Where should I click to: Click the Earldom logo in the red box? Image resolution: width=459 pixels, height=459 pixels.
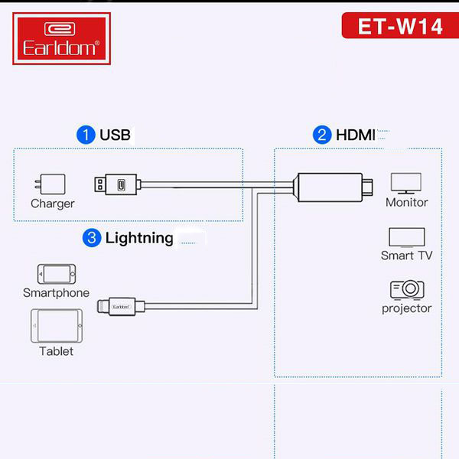click(61, 38)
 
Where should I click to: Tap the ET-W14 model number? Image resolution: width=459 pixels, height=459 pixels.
click(400, 27)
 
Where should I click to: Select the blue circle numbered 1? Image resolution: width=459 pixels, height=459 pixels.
click(86, 135)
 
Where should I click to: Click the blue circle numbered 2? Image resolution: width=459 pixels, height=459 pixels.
click(322, 135)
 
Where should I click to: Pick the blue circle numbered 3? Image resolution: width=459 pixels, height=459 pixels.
click(92, 238)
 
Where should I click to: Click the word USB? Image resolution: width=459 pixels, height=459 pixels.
click(115, 135)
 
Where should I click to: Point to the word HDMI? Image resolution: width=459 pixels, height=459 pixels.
click(356, 135)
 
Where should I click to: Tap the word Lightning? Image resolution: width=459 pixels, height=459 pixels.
click(139, 238)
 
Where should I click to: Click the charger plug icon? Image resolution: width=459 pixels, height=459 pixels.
click(50, 184)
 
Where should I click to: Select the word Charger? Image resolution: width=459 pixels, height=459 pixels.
click(53, 203)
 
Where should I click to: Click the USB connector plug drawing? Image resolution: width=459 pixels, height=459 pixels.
click(117, 184)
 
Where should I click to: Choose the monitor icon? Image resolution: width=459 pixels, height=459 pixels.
click(406, 184)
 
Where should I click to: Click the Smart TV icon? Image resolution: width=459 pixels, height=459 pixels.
click(407, 237)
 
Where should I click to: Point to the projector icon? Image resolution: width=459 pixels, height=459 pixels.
click(407, 290)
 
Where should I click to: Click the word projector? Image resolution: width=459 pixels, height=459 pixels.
click(407, 308)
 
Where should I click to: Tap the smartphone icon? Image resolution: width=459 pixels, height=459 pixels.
click(57, 274)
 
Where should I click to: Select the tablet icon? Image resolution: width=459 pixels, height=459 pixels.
click(57, 326)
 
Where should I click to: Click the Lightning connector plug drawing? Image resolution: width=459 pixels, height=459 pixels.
click(121, 307)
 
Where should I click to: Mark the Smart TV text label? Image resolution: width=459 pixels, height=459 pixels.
click(407, 256)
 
